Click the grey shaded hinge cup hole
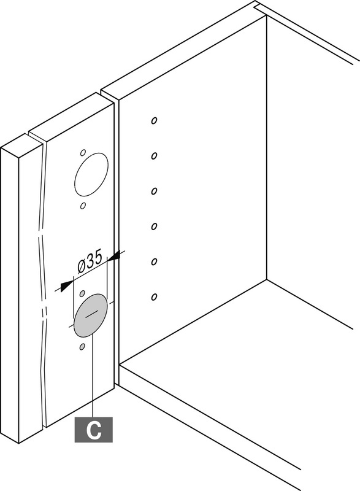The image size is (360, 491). (91, 315)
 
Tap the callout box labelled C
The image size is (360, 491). (93, 430)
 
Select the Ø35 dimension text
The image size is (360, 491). (90, 262)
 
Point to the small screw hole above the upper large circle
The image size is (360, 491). (83, 153)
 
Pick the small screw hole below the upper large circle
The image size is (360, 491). (83, 206)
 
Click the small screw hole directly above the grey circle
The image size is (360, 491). (83, 293)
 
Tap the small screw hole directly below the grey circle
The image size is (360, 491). (83, 347)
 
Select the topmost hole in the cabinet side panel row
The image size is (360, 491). (154, 120)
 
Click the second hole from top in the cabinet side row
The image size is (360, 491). (154, 156)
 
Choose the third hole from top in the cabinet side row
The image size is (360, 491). (154, 191)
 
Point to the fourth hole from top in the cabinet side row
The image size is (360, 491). (154, 226)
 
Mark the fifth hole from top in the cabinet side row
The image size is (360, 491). (154, 261)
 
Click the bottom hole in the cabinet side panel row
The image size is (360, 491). (154, 297)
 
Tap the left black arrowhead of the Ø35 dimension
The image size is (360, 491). (66, 286)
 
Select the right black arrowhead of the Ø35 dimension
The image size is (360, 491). (113, 256)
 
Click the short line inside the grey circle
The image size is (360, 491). (91, 315)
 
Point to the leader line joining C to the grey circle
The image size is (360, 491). (93, 376)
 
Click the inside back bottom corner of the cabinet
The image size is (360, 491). (267, 279)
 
